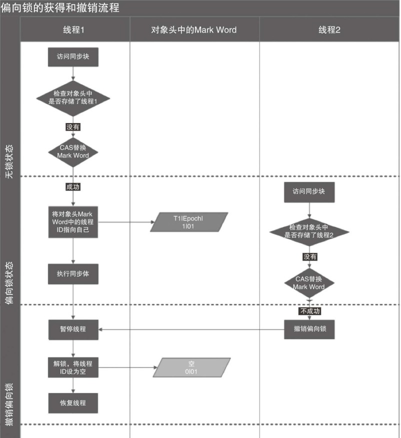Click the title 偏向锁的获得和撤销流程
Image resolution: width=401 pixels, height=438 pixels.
coord(60,8)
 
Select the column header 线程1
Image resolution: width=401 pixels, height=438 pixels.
coord(73,29)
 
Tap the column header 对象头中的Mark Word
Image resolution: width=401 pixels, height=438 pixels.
coord(194,29)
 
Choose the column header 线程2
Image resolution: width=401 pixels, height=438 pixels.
coord(329,29)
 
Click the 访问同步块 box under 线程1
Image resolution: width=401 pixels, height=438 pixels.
coord(73,57)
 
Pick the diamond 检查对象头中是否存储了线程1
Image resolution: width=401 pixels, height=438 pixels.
coord(73,97)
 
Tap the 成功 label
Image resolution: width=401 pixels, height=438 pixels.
coord(73,187)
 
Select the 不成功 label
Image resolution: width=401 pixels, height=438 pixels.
coord(309,311)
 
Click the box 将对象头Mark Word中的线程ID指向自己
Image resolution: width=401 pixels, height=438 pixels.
coord(73,221)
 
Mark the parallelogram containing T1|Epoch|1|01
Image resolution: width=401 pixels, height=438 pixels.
coord(189,222)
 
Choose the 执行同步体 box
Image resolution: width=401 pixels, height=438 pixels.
coord(73,273)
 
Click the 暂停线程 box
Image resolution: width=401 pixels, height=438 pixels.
coord(73,329)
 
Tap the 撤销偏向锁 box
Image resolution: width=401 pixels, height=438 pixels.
coord(309,329)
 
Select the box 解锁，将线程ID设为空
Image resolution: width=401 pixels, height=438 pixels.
coord(73,367)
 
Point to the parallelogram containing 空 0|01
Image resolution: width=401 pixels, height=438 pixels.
coord(191,367)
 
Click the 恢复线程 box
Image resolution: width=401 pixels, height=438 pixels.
coord(73,402)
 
